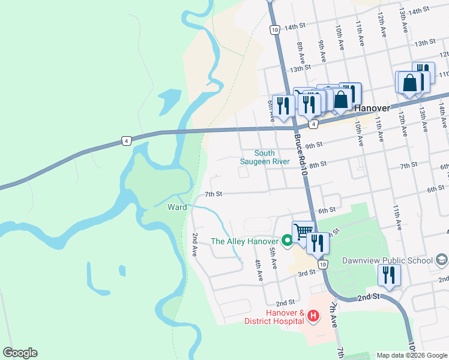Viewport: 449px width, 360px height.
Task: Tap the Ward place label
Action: click(x=177, y=207)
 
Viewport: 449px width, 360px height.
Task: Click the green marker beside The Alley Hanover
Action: click(x=287, y=242)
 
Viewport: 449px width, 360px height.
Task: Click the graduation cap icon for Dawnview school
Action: click(x=441, y=260)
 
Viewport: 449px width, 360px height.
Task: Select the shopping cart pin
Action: click(x=304, y=230)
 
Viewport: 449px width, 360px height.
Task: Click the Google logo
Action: click(x=19, y=353)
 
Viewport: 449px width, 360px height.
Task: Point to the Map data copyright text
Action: click(x=412, y=355)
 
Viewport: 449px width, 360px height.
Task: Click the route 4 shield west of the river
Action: click(x=125, y=141)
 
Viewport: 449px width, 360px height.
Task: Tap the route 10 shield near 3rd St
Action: click(x=323, y=264)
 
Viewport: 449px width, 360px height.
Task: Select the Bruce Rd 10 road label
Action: click(x=301, y=156)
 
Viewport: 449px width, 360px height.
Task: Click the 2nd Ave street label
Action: click(x=194, y=245)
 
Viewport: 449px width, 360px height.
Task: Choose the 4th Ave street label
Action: click(x=259, y=271)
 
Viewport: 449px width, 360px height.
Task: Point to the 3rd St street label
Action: click(x=307, y=273)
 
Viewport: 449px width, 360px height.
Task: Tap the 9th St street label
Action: click(x=314, y=145)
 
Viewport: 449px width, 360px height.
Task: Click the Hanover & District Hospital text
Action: click(x=273, y=317)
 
